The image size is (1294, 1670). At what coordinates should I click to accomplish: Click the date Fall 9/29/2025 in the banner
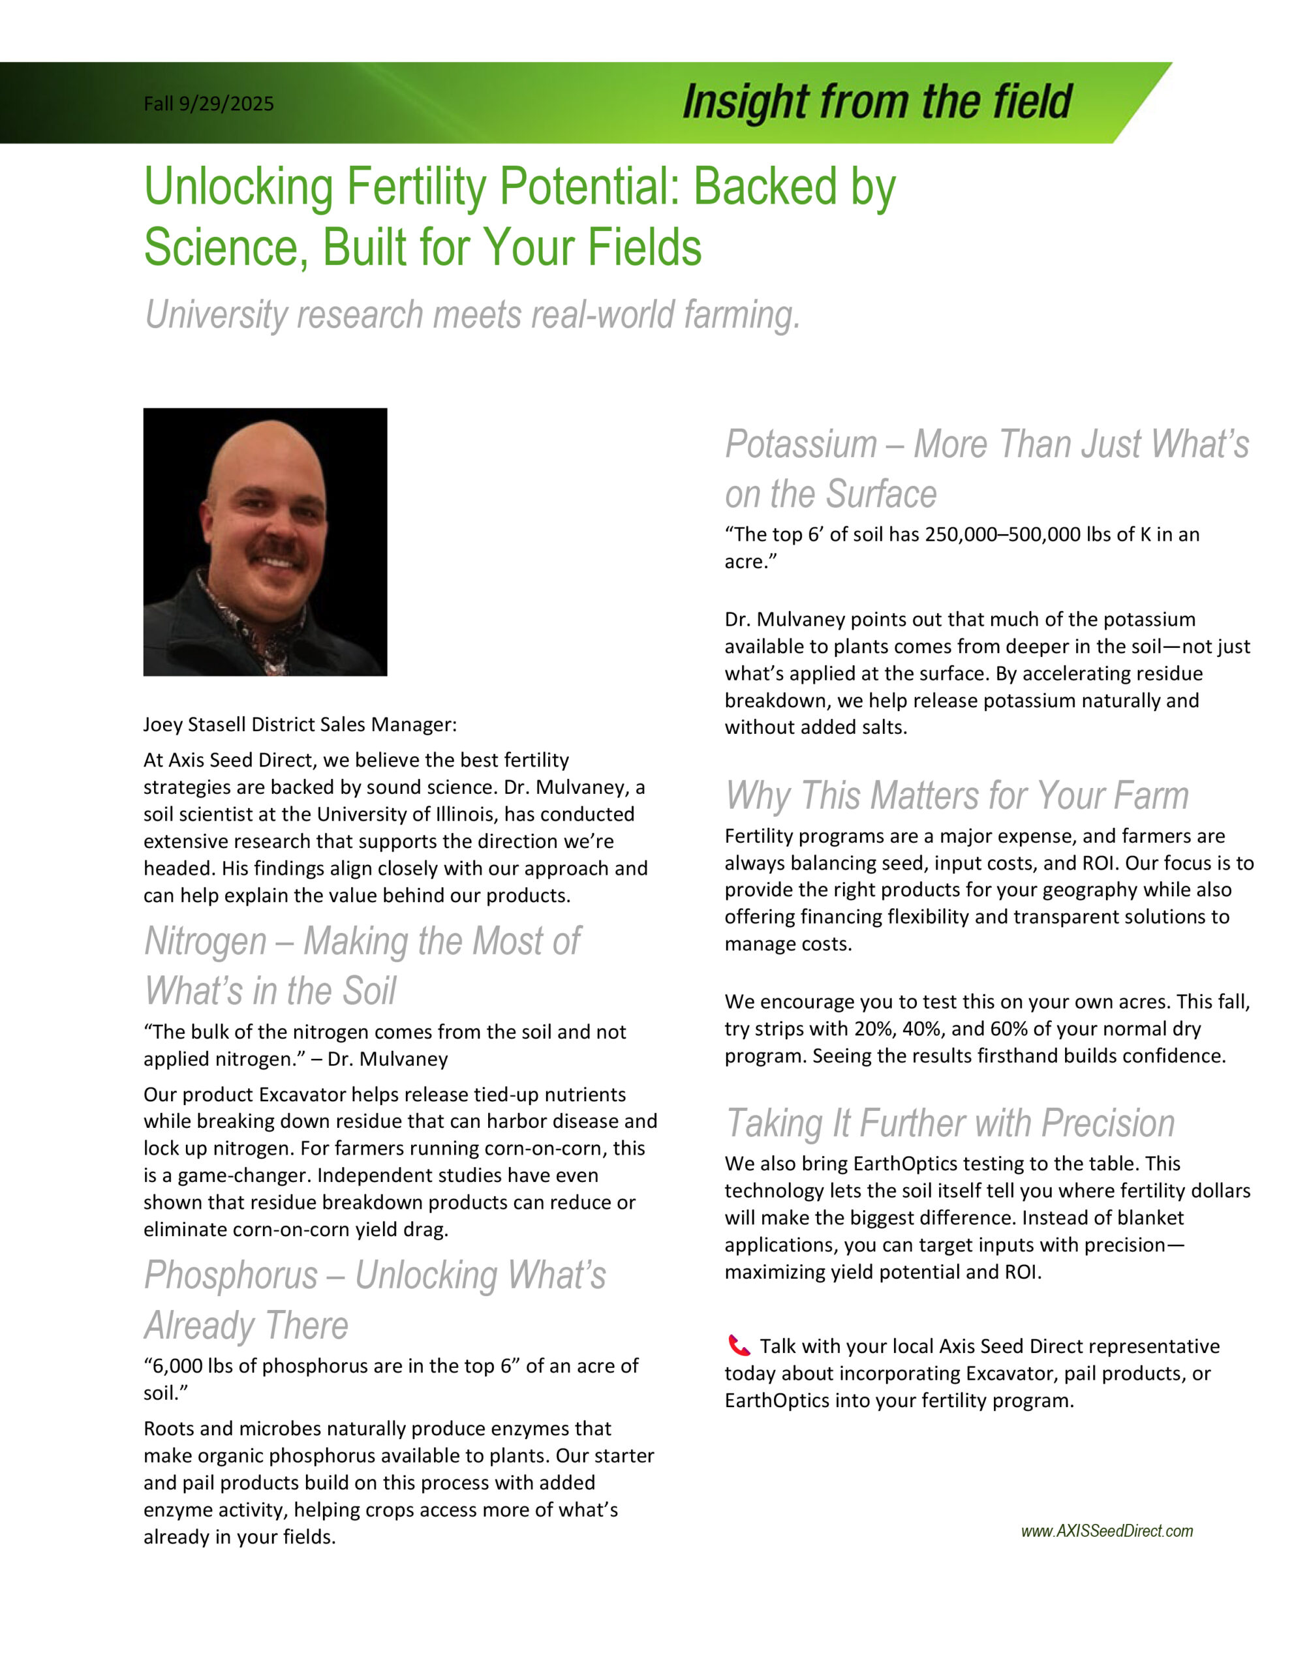(x=208, y=103)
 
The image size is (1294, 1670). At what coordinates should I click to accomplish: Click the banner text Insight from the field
(x=876, y=102)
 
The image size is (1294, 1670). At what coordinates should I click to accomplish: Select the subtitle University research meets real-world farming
(x=472, y=314)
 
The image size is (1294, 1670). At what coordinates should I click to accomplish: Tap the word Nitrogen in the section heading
(x=205, y=941)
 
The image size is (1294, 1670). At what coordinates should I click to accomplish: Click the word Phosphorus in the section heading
(x=230, y=1275)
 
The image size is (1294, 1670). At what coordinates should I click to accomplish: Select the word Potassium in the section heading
(x=801, y=444)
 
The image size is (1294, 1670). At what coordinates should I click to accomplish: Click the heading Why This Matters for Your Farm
(x=957, y=795)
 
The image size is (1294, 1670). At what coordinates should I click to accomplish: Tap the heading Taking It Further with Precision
(x=950, y=1123)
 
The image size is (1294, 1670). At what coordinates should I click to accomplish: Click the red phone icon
(x=738, y=1346)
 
